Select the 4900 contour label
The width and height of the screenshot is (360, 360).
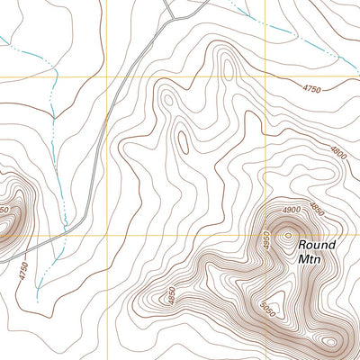tap(290, 210)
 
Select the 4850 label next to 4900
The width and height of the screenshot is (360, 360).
tap(316, 209)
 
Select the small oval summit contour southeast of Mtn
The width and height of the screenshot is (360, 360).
tap(331, 342)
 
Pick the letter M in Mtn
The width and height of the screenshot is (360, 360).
tap(301, 259)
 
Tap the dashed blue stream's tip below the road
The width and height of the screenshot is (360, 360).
tap(38, 297)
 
